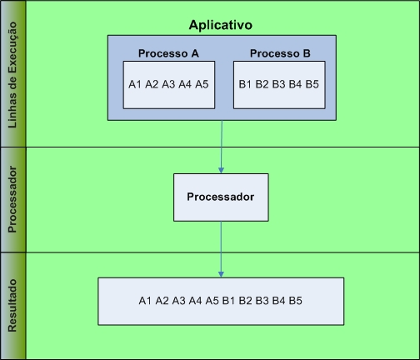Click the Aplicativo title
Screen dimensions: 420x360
pos(221,25)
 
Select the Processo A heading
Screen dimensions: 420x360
pos(168,53)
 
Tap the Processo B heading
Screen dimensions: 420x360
pos(280,53)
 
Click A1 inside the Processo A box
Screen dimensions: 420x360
pos(135,84)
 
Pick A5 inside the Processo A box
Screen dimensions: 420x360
pos(202,84)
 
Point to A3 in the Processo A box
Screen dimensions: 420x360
pos(168,84)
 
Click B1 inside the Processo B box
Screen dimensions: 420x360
pos(245,84)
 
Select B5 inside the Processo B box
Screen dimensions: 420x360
pos(312,84)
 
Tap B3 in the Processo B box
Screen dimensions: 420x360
pos(278,84)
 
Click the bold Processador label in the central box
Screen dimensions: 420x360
pos(221,197)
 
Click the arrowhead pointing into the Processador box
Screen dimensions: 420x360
pos(221,170)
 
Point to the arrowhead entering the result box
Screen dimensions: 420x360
pos(221,274)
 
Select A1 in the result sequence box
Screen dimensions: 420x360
pos(145,301)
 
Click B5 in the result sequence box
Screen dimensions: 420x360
pos(295,301)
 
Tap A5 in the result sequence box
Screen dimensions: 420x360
pos(212,301)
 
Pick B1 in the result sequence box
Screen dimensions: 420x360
pos(228,301)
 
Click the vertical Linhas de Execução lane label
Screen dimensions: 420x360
pos(12,75)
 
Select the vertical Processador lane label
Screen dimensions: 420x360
pos(12,199)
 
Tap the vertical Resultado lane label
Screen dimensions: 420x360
pos(12,306)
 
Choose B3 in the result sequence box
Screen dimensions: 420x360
pos(262,301)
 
